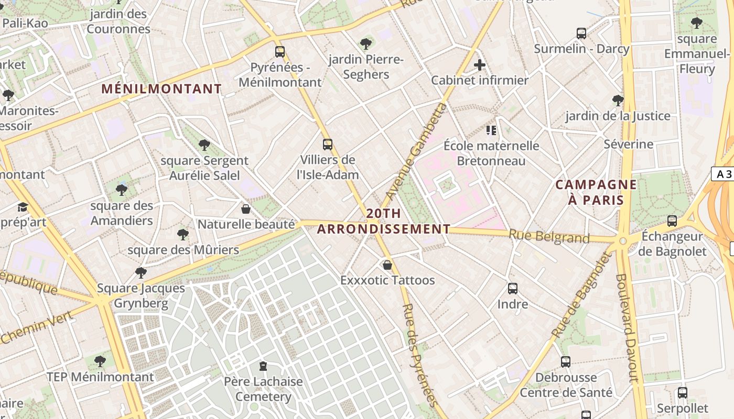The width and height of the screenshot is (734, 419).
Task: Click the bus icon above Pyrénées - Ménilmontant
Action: click(280, 52)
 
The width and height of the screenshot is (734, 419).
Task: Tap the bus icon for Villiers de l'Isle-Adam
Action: click(328, 145)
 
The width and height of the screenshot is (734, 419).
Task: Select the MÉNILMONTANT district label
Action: click(161, 89)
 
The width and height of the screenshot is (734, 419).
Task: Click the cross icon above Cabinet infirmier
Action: click(479, 65)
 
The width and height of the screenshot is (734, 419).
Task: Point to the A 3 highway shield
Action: click(724, 174)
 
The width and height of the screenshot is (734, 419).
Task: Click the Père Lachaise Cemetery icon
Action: click(263, 366)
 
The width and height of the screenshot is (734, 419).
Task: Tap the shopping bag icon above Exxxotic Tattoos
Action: click(387, 265)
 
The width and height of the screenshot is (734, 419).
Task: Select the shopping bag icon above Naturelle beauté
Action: click(246, 210)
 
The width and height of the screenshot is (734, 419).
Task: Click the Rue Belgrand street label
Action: click(549, 237)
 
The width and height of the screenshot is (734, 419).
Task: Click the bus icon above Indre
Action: click(513, 289)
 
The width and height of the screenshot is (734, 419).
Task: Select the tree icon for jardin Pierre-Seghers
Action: click(366, 44)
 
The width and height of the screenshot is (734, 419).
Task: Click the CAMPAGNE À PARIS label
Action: click(596, 192)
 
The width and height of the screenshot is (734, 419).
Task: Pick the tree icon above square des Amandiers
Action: click(122, 190)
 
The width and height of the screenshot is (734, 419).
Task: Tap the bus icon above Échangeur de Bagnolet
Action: click(672, 221)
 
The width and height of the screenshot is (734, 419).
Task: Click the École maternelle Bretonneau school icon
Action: click(491, 130)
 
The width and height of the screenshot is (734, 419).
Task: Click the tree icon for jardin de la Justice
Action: click(618, 101)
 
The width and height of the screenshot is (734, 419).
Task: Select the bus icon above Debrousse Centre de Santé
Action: click(566, 362)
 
